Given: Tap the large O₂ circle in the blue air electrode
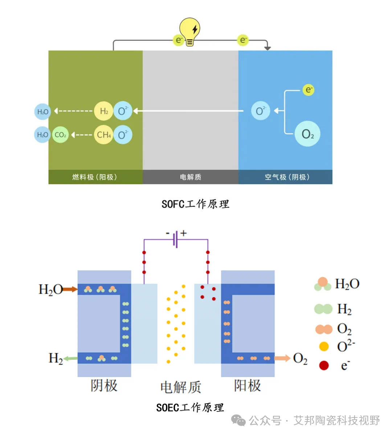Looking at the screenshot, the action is tap(307, 133).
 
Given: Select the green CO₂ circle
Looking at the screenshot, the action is tap(60, 135).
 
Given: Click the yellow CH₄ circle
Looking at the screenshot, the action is tap(103, 135).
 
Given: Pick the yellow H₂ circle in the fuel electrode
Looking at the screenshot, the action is tap(103, 111).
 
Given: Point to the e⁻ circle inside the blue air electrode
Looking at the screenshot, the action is tap(309, 90).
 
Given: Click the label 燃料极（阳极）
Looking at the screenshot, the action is tap(95, 177).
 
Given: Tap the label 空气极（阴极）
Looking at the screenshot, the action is tap(287, 177).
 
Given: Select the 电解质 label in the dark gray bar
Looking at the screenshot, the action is tap(191, 177).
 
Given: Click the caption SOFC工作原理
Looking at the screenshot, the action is tap(195, 204).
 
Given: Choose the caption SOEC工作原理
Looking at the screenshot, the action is tap(190, 408).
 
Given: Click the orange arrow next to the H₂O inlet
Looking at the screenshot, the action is tap(70, 289).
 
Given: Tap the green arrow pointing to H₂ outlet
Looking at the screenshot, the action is tap(70, 358).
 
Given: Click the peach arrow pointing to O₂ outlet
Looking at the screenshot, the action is tap(283, 358).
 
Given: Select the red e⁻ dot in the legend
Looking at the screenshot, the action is tap(324, 365).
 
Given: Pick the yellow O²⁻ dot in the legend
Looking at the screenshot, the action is tap(324, 346).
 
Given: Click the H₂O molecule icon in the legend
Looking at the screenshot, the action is tap(323, 284).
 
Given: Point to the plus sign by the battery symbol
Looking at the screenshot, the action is tap(184, 233).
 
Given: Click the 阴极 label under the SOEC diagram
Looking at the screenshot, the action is tap(104, 386).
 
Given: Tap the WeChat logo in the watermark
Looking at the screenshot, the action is tap(238, 420).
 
